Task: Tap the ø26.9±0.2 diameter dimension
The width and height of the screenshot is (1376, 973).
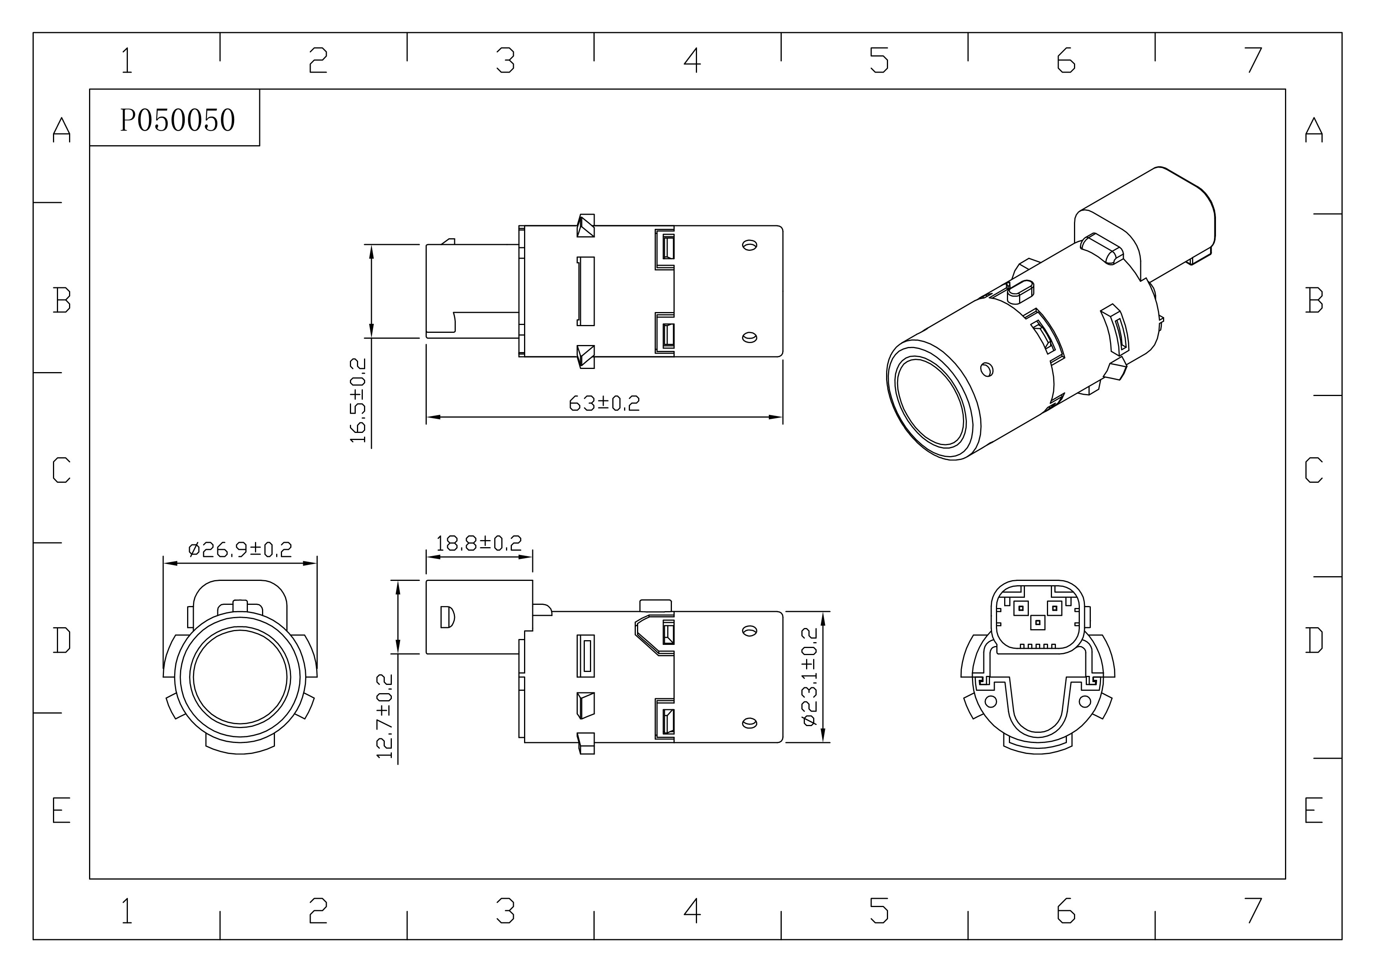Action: pos(240,549)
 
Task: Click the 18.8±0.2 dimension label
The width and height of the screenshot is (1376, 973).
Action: pos(479,543)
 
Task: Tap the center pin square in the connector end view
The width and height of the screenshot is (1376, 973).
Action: pos(1037,623)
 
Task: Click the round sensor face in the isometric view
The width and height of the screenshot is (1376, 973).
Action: pos(930,402)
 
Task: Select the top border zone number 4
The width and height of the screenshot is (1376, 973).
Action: pos(692,60)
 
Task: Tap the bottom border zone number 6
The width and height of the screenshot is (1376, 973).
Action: pos(1066,911)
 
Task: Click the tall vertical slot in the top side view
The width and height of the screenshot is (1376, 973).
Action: pos(586,291)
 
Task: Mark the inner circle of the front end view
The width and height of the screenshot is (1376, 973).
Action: pos(240,677)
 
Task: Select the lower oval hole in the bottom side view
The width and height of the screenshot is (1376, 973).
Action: pos(749,723)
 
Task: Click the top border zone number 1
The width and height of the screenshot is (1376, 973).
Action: pos(126,60)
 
